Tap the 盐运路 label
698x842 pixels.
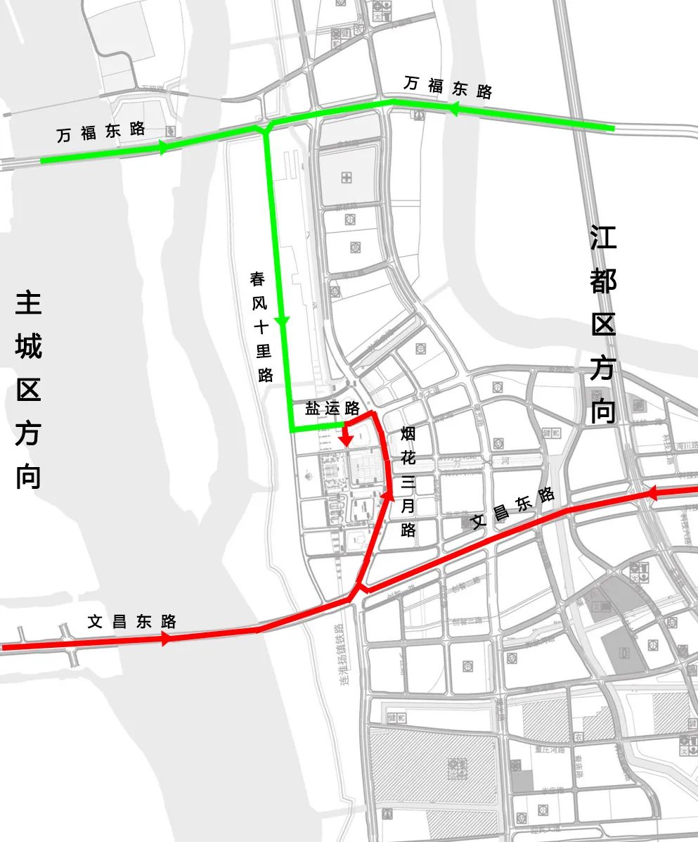(x=332, y=409)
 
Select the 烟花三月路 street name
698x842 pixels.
(x=408, y=482)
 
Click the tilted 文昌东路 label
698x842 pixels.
(x=513, y=509)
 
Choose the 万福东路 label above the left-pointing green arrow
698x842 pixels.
(x=448, y=87)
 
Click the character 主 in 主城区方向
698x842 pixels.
(x=28, y=303)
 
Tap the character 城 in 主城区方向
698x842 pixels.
(x=28, y=347)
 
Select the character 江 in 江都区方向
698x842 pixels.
(x=603, y=238)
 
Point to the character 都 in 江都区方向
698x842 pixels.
(x=603, y=281)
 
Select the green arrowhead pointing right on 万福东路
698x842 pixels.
(x=164, y=148)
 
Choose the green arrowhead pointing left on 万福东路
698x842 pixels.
(x=453, y=109)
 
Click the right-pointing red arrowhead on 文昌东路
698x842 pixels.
(x=166, y=639)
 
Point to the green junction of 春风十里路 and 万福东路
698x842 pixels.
(x=266, y=128)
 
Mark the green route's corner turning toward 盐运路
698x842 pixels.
(x=291, y=428)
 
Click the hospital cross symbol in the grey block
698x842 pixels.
(x=347, y=178)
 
